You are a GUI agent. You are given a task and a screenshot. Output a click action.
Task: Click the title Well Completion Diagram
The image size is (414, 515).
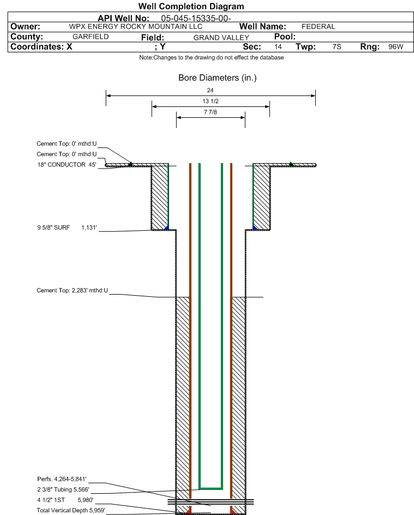tap(191, 6)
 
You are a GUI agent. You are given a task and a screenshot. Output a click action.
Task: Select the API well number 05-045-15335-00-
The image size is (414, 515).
tap(196, 19)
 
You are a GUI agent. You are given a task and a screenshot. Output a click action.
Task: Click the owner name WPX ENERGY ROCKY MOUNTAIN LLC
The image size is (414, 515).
tap(136, 27)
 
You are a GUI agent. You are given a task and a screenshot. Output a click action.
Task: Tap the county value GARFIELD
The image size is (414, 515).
tap(91, 37)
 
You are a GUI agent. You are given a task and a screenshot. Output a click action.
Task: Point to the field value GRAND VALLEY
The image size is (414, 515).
tap(221, 38)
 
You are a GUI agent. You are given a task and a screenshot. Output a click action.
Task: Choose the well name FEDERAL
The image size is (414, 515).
tap(319, 27)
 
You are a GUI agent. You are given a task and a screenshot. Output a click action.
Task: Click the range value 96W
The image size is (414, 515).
tap(395, 46)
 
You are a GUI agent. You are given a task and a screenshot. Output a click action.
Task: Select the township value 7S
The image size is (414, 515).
tap(337, 46)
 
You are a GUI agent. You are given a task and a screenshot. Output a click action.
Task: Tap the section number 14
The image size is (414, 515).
tap(278, 46)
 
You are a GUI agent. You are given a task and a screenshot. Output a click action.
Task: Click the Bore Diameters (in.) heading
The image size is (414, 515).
tap(217, 78)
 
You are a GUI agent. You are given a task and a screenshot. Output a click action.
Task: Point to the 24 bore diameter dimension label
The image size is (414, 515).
tap(210, 90)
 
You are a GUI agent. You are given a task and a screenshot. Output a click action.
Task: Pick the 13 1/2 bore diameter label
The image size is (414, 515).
tap(210, 101)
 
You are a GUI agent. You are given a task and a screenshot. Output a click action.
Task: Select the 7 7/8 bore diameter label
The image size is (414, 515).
tap(210, 112)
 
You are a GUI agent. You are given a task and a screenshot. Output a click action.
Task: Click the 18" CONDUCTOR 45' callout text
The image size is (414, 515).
tap(67, 165)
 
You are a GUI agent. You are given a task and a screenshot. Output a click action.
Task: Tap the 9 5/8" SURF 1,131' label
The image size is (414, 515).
tap(67, 227)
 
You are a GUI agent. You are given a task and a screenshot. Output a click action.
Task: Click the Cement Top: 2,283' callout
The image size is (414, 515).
tap(72, 290)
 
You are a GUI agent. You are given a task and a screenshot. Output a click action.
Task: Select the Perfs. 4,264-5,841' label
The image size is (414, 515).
tap(62, 479)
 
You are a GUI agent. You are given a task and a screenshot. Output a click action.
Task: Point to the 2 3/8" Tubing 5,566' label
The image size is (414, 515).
tap(63, 489)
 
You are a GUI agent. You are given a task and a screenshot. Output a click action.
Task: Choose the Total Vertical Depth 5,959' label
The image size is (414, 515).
tap(71, 510)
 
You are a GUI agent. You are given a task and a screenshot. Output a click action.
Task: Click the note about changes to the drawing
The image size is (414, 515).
tap(212, 57)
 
